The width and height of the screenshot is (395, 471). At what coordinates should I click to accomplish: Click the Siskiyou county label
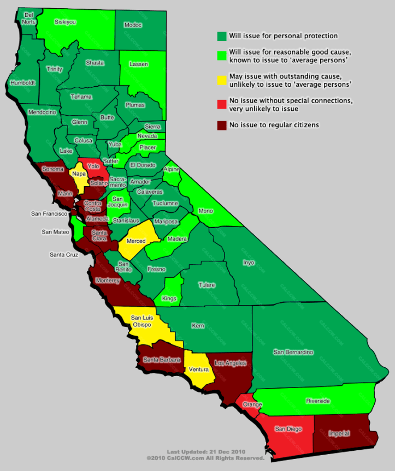66,22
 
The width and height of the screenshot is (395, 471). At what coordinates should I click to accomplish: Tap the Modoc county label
133,25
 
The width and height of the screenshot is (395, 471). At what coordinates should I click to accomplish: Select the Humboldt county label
22,83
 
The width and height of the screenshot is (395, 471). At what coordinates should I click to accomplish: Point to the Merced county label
135,241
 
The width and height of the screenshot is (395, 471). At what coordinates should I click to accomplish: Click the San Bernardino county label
293,352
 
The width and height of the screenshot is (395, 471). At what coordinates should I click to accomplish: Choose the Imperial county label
339,433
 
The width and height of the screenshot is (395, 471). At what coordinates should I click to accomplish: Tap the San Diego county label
288,429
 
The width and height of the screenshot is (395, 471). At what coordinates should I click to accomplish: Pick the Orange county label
253,404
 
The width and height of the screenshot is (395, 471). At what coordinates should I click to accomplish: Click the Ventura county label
199,369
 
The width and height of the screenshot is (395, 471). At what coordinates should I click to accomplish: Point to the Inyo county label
248,263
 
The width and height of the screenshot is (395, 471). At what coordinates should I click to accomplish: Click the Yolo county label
93,165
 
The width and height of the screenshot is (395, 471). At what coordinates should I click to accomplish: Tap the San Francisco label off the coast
49,213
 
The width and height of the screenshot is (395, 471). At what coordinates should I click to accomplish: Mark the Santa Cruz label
65,254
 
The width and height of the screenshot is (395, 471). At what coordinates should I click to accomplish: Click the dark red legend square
221,125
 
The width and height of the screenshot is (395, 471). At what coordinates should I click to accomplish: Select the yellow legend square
221,80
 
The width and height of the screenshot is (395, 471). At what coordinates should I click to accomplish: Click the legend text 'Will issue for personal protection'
284,36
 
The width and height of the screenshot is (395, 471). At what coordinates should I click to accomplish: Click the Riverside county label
317,401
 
